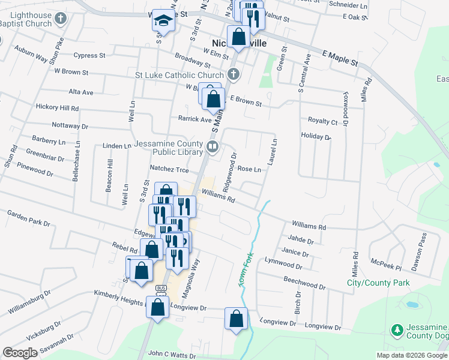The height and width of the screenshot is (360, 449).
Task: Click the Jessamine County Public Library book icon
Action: pyautogui.click(x=212, y=146)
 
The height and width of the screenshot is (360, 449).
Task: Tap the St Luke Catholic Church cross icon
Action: pyautogui.click(x=234, y=75)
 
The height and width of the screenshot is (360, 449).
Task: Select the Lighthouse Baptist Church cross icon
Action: pyautogui.click(x=60, y=19)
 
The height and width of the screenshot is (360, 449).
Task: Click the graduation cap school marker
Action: pyautogui.click(x=162, y=20)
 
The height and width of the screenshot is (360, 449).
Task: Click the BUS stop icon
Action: pyautogui.click(x=160, y=288)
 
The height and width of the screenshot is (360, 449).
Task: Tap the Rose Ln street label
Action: pyautogui.click(x=249, y=169)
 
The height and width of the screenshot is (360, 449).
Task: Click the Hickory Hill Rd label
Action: pyautogui.click(x=58, y=109)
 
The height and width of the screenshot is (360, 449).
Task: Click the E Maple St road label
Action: pyautogui.click(x=340, y=58)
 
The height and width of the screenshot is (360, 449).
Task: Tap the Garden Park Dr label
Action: pyautogui.click(x=28, y=218)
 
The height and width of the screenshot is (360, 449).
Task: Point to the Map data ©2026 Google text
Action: pyautogui.click(x=411, y=355)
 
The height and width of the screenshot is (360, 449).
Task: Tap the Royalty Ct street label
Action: pyautogui.click(x=322, y=121)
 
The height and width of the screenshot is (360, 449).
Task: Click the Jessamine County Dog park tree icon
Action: pyautogui.click(x=396, y=329)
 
